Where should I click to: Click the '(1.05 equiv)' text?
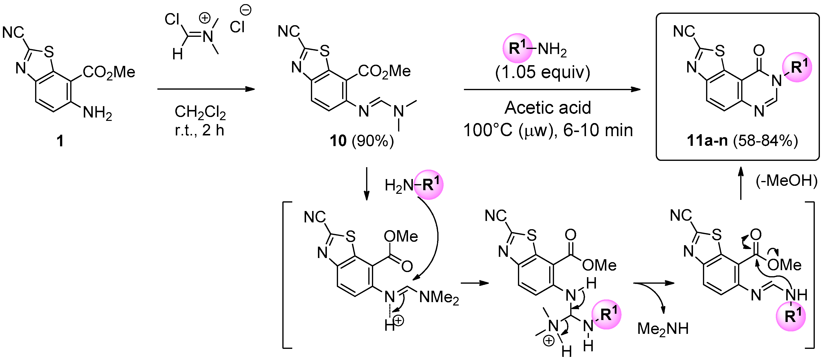542,72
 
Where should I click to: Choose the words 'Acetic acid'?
548,108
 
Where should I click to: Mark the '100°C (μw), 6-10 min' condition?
548,130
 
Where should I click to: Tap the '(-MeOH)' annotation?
786,181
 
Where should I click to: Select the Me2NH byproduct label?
663,329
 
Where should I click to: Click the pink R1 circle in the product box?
797,67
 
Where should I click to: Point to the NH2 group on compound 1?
97,113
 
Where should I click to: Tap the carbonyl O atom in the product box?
759,50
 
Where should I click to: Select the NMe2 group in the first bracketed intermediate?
439,297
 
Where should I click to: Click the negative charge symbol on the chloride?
246,10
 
